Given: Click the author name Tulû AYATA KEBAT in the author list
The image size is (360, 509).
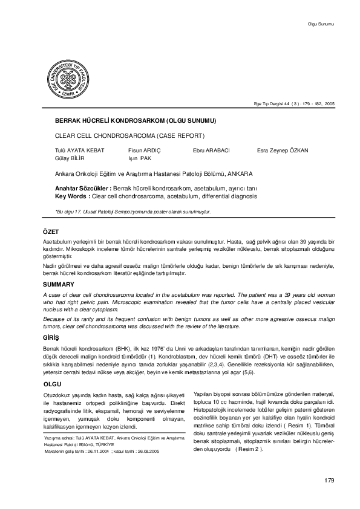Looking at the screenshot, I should pos(80,149).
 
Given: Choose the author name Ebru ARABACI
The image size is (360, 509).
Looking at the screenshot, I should pos(212,149).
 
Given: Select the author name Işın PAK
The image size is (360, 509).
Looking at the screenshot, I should pos(139,157).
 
